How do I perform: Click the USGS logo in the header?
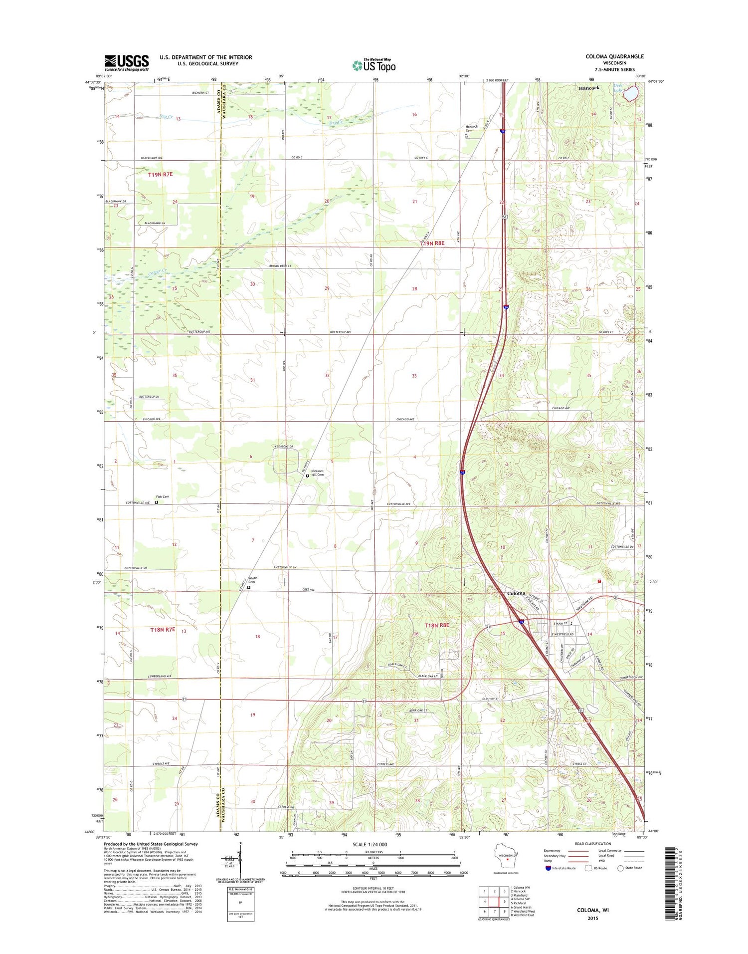point(126,62)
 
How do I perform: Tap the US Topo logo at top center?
point(374,65)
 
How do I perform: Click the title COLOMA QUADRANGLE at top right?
point(614,57)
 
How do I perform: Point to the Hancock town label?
point(589,88)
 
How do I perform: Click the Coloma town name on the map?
point(516,593)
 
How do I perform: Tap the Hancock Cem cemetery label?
point(471,128)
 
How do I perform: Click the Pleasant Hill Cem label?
point(317,473)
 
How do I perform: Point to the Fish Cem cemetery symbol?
point(156,503)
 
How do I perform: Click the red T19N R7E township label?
point(160,174)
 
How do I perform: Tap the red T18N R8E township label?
point(437,625)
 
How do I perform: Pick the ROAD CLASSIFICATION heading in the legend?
point(592,844)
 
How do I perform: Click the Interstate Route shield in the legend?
point(548,868)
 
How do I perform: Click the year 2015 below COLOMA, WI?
point(592,918)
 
